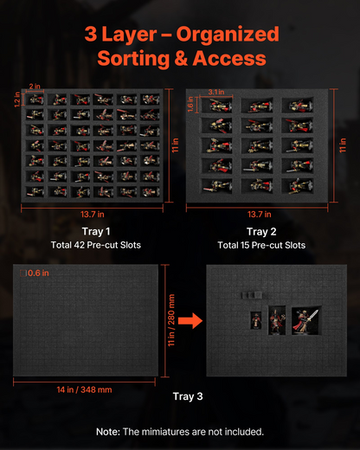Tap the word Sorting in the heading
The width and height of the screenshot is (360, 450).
click(133, 59)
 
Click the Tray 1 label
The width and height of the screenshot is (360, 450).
click(96, 231)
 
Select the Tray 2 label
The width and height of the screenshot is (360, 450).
click(261, 231)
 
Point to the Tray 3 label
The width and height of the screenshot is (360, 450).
click(188, 396)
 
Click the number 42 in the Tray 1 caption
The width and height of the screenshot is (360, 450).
click(79, 245)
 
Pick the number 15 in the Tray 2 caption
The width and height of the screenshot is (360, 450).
click(245, 245)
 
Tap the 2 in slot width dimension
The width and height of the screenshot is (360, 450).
click(35, 87)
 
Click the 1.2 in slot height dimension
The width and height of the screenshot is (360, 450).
click(17, 100)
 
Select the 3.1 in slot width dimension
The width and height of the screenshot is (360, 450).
click(216, 92)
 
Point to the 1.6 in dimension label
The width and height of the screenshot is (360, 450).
click(190, 104)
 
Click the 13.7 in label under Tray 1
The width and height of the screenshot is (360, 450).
click(93, 215)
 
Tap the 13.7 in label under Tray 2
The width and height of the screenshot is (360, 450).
click(260, 215)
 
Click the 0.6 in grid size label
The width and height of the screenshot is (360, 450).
click(38, 273)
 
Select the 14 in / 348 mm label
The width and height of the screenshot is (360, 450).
click(84, 389)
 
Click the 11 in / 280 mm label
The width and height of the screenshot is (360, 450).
click(171, 320)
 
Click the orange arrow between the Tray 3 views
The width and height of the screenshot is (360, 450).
click(190, 320)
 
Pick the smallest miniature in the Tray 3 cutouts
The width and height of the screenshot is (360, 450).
click(255, 320)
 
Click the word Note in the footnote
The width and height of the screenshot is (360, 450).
click(108, 432)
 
